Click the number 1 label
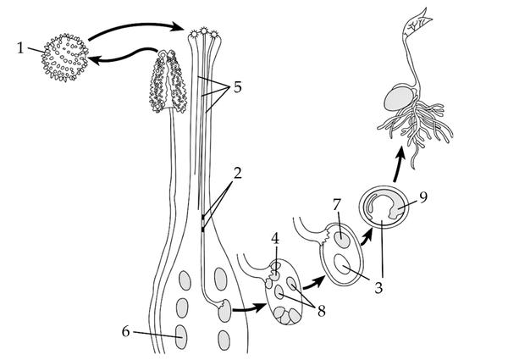[x=20, y=48]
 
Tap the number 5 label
[x=238, y=87]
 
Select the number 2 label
[x=238, y=174]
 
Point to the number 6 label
[x=125, y=331]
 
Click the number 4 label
[x=275, y=239]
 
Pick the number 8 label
[x=321, y=311]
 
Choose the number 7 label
[x=337, y=205]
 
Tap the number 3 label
[x=378, y=288]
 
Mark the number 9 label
[x=423, y=197]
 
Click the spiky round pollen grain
[x=65, y=58]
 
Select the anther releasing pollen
[x=168, y=81]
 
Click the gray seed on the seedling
[x=400, y=98]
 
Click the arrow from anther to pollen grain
[x=123, y=57]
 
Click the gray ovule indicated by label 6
[x=181, y=337]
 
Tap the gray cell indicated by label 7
[x=342, y=241]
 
